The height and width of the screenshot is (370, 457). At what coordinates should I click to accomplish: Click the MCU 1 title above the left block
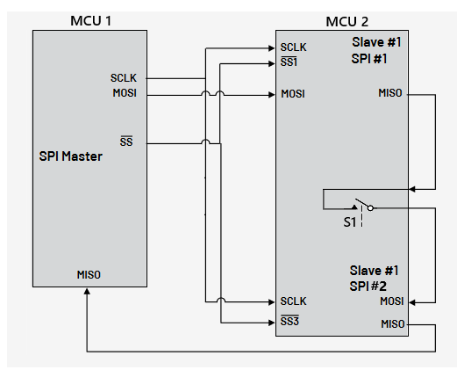pos(90,20)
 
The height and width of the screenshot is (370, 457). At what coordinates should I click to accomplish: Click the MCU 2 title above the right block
pos(346,20)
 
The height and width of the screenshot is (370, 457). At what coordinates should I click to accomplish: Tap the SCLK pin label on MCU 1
pos(124,77)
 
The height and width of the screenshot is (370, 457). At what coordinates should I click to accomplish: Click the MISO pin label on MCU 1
pos(89,274)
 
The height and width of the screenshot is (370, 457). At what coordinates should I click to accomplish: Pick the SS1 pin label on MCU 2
pos(290,63)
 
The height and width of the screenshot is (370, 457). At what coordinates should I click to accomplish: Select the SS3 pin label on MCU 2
pos(290,322)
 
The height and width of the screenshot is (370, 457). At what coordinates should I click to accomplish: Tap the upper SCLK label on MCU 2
pos(293,47)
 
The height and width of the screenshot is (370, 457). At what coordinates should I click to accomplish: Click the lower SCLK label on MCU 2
pos(293,301)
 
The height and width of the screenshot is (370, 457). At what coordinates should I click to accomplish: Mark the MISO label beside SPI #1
pos(391,93)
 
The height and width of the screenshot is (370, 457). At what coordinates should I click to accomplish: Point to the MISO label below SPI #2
pos(392,323)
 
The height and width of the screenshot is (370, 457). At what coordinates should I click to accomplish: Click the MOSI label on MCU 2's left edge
pos(293,93)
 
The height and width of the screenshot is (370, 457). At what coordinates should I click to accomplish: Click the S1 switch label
pos(350,223)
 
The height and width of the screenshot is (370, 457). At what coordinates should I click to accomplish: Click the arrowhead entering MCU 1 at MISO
pos(87,293)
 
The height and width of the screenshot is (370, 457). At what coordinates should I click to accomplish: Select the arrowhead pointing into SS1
pos(269,62)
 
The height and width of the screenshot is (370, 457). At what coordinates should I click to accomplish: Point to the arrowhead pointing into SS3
pos(269,321)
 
